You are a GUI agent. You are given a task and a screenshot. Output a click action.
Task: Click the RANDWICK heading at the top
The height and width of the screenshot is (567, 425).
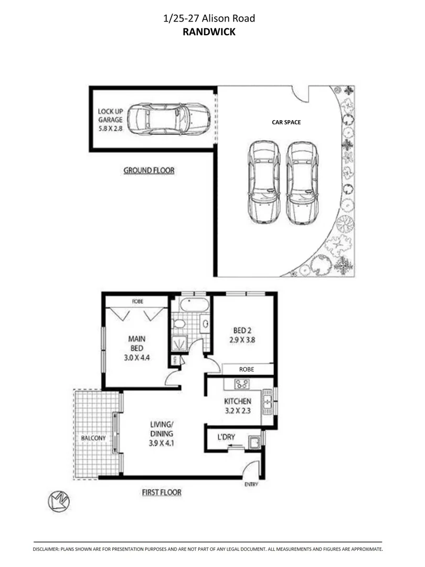click(209, 31)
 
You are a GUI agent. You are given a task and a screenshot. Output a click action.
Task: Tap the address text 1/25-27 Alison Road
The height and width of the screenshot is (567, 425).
click(209, 19)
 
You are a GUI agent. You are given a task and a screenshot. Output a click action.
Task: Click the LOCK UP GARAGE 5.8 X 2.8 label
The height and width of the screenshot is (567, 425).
click(110, 119)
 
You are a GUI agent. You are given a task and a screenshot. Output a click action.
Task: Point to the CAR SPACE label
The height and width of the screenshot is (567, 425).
click(286, 122)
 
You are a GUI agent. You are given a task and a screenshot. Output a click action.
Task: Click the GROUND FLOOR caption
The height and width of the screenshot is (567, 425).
click(149, 170)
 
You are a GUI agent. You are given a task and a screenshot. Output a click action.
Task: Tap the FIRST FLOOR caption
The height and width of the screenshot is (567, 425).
click(162, 492)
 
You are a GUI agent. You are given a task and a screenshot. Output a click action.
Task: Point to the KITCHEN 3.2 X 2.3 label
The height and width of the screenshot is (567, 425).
click(239, 405)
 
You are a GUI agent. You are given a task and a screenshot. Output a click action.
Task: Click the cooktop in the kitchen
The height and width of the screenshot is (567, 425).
click(242, 383)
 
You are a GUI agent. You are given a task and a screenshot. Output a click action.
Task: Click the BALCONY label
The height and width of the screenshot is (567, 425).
click(93, 438)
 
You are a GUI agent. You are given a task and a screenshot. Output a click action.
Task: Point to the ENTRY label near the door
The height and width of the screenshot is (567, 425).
click(251, 484)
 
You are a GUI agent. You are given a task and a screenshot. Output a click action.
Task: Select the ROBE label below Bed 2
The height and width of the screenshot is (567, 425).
click(247, 369)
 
